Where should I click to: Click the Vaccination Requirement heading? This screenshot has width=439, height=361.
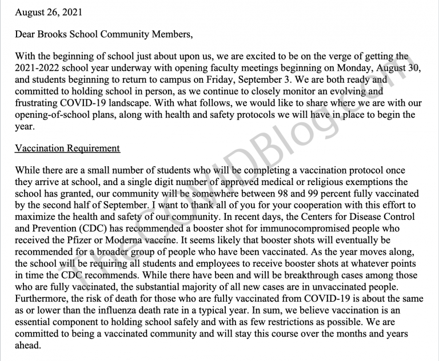pos(67,149)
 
